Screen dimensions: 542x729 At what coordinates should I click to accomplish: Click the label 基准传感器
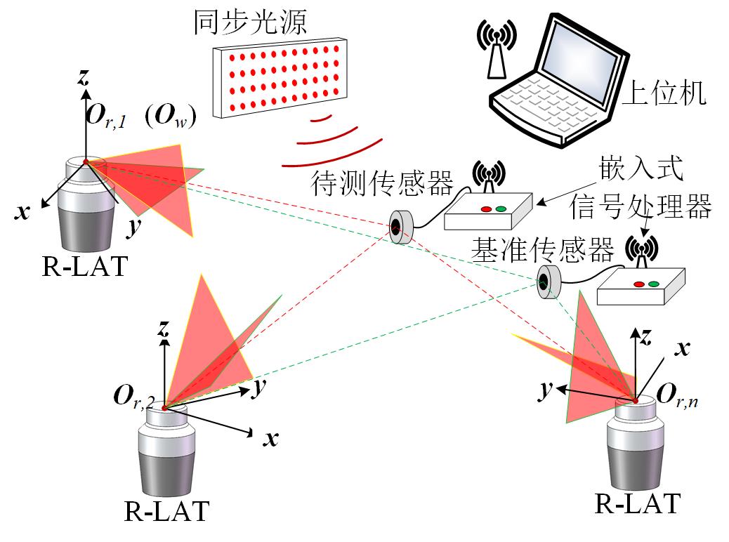click(x=542, y=249)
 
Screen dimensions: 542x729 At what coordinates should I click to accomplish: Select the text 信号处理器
click(x=641, y=206)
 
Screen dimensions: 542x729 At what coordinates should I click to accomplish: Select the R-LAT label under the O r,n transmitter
click(x=638, y=503)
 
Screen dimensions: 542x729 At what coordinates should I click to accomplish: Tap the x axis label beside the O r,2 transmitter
click(x=270, y=439)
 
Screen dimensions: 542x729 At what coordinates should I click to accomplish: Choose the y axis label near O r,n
click(x=544, y=390)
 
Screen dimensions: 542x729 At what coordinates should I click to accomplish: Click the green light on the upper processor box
click(x=501, y=209)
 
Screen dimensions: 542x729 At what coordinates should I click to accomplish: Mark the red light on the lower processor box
click(x=639, y=284)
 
